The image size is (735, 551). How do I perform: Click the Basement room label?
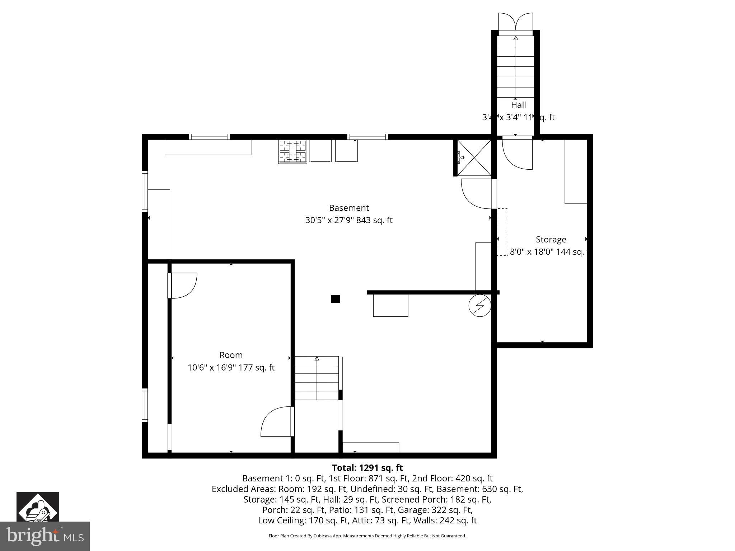pos(349,208)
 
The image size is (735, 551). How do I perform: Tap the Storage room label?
pos(551,240)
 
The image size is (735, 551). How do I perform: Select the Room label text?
pos(231,355)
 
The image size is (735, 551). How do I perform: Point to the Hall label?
pos(518,105)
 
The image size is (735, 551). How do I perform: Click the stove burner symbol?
pos(292,152)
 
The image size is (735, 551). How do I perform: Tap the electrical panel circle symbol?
pos(479,306)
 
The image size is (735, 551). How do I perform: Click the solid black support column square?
pos(335,299)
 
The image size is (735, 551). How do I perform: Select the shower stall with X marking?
pos(474,158)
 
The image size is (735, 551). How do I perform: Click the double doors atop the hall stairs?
pos(515,22)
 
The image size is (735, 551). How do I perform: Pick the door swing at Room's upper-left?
pos(183,285)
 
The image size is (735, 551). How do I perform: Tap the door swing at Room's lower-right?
pos(276,422)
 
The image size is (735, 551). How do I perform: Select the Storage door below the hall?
pos(517,154)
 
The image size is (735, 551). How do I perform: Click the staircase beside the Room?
pos(317,378)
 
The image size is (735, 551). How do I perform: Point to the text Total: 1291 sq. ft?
pos(367,468)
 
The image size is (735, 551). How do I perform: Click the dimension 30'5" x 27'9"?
pos(329,220)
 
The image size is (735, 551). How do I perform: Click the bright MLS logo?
pos(45,536)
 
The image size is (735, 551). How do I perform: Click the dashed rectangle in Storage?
pos(502,232)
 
